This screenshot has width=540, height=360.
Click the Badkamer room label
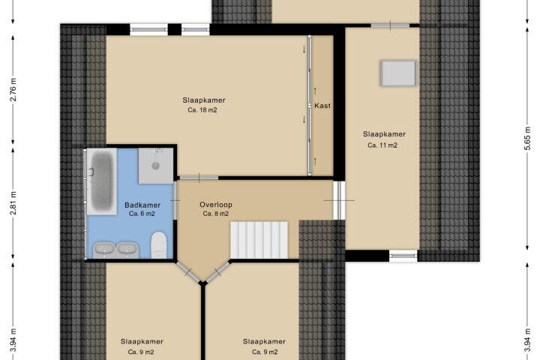tap(142, 205)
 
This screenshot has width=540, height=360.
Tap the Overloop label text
tap(216, 205)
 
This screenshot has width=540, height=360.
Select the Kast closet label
tap(322, 106)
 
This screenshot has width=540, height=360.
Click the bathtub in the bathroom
tap(102, 181)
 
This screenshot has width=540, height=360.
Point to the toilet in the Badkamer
tap(159, 245)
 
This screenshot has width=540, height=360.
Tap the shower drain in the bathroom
tap(156, 166)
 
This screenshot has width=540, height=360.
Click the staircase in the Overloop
tap(259, 240)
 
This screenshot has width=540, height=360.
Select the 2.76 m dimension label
tap(13, 89)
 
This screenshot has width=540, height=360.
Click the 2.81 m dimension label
tap(13, 203)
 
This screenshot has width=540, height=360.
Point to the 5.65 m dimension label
tap(527, 139)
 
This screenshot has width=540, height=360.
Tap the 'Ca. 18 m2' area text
tap(202, 110)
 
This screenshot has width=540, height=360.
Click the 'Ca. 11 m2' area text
tap(382, 145)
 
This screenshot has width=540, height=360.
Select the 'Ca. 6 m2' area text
tap(142, 214)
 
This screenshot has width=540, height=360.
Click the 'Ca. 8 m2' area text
tap(215, 214)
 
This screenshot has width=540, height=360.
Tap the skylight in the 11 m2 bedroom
tap(398, 73)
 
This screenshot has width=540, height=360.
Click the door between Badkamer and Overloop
tap(175, 200)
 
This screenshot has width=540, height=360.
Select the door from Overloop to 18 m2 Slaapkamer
tap(199, 178)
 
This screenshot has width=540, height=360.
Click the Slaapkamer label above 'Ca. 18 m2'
tap(204, 100)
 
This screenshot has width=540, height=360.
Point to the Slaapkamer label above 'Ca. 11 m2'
tap(384, 134)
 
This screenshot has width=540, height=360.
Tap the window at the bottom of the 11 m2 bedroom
tap(403, 256)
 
